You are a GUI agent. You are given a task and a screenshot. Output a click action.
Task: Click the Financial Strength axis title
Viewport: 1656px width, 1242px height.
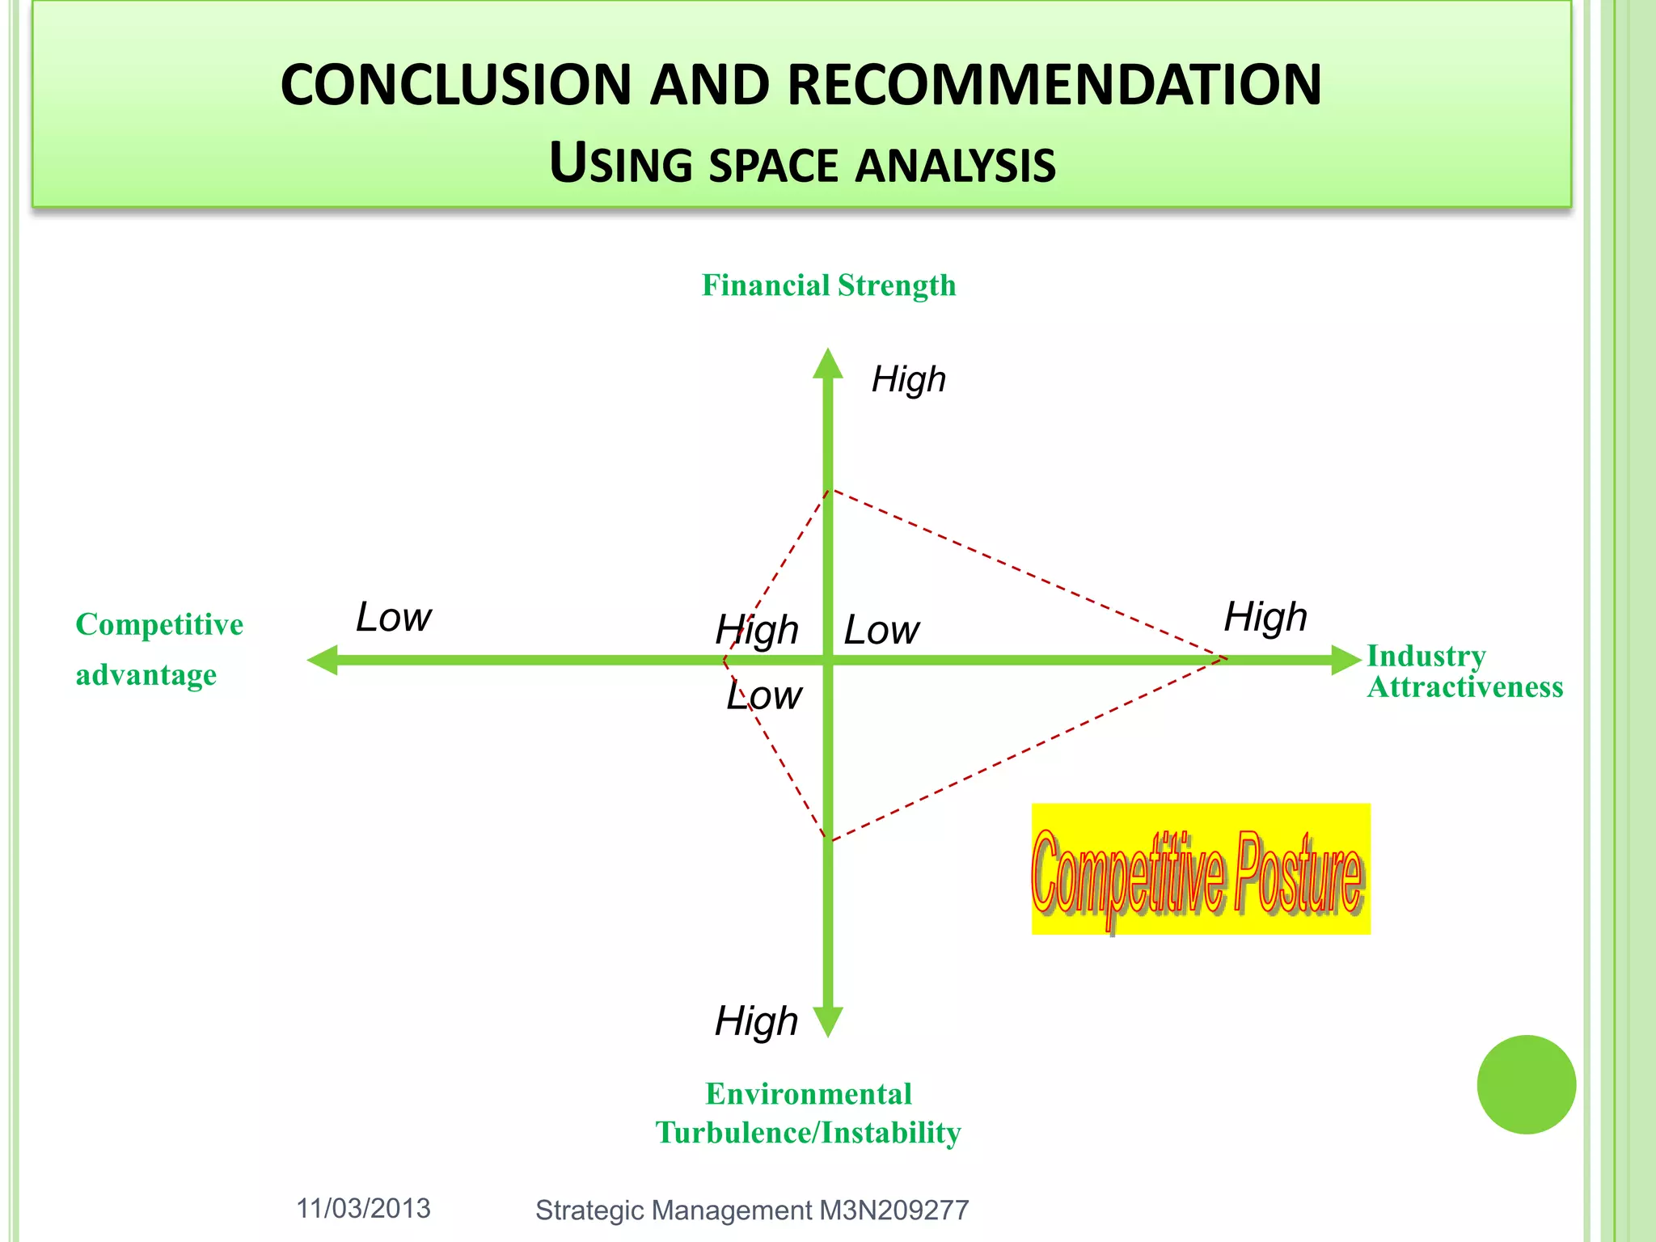point(829,285)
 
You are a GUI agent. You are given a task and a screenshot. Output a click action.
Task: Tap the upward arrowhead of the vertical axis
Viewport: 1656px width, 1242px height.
point(828,365)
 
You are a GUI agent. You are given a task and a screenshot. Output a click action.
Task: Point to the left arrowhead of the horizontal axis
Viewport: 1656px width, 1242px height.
point(323,660)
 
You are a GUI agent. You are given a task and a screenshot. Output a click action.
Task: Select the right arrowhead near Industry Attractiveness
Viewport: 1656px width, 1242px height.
point(1345,660)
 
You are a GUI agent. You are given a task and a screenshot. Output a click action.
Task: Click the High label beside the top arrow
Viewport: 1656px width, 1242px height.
point(909,379)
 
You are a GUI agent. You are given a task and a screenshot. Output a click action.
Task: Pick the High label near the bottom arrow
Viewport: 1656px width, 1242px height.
point(756,1020)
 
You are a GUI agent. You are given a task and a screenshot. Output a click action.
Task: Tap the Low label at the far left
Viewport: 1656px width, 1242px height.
point(394,617)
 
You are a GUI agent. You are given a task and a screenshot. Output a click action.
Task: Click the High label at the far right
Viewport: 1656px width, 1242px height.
point(1265,617)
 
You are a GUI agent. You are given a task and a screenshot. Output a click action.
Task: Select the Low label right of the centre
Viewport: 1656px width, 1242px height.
point(881,630)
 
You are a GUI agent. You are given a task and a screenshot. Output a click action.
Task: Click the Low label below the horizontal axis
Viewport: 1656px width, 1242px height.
point(764,695)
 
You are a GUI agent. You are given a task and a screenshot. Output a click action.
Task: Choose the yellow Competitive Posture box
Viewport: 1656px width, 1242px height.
point(1201,869)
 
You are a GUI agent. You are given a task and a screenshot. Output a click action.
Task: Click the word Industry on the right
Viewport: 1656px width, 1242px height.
point(1426,656)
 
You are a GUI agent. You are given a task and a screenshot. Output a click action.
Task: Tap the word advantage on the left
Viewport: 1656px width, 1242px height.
point(146,674)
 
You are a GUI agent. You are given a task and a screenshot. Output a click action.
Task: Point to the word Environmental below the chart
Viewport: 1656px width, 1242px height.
point(809,1094)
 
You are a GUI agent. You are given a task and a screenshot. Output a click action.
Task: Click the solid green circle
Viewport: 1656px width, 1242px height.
point(1526,1084)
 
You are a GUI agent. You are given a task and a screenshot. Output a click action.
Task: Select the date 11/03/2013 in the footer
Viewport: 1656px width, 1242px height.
point(363,1208)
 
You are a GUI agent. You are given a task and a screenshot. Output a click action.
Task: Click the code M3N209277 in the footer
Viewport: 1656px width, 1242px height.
point(893,1210)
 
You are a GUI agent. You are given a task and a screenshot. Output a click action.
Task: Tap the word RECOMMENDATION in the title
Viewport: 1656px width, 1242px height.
point(1054,85)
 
